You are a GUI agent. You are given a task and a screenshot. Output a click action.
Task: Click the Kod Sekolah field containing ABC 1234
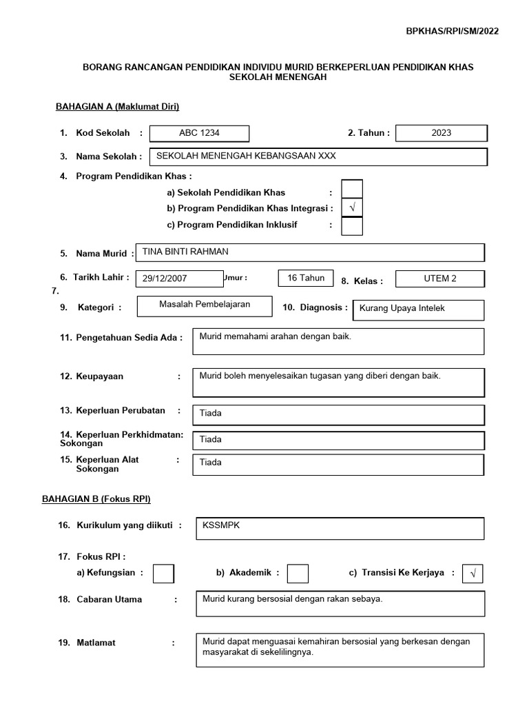pos(199,133)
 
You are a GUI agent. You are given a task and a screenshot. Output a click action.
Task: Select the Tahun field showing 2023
pos(442,133)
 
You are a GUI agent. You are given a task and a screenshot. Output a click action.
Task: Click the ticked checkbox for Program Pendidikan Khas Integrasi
pos(352,208)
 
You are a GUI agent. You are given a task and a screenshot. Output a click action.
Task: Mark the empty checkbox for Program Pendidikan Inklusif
pos(352,225)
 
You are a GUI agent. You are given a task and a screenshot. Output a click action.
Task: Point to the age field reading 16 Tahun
pos(306,278)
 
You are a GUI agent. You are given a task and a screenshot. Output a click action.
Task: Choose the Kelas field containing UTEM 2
pos(440,279)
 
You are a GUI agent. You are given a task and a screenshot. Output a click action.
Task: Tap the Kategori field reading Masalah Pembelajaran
pos(205,305)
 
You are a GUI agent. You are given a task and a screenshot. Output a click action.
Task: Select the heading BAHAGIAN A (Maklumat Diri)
pos(117,106)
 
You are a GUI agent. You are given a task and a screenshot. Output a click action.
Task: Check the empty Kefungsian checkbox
pos(163,573)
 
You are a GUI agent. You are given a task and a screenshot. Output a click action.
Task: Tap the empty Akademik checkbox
pos(298,573)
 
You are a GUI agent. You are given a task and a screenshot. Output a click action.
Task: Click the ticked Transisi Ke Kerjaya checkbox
pos(473,573)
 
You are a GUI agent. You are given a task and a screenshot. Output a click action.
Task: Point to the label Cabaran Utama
pos(109,599)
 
